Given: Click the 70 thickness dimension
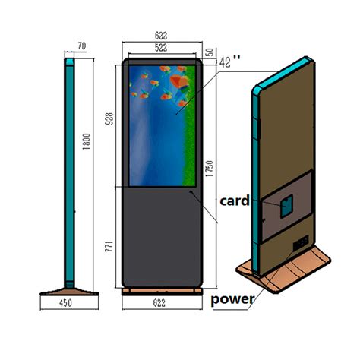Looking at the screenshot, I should (82, 47).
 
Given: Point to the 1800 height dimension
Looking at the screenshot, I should (87, 141).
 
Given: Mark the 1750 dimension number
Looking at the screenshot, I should (207, 170).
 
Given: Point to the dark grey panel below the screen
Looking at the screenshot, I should (162, 235).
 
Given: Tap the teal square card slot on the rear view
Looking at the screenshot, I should (287, 205).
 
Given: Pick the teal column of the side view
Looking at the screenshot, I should (70, 167).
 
